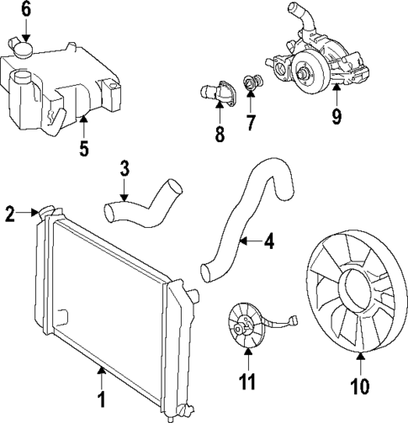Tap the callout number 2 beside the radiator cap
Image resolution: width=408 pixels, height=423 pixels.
click(x=10, y=214)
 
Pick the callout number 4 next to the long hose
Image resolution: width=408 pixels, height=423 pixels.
click(x=268, y=242)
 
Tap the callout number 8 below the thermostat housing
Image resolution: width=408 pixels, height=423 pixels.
click(x=220, y=135)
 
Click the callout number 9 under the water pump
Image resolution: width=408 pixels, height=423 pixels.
click(x=336, y=115)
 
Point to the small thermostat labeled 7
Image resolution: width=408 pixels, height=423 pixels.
click(x=250, y=82)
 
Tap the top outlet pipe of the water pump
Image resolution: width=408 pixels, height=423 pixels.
click(x=294, y=14)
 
